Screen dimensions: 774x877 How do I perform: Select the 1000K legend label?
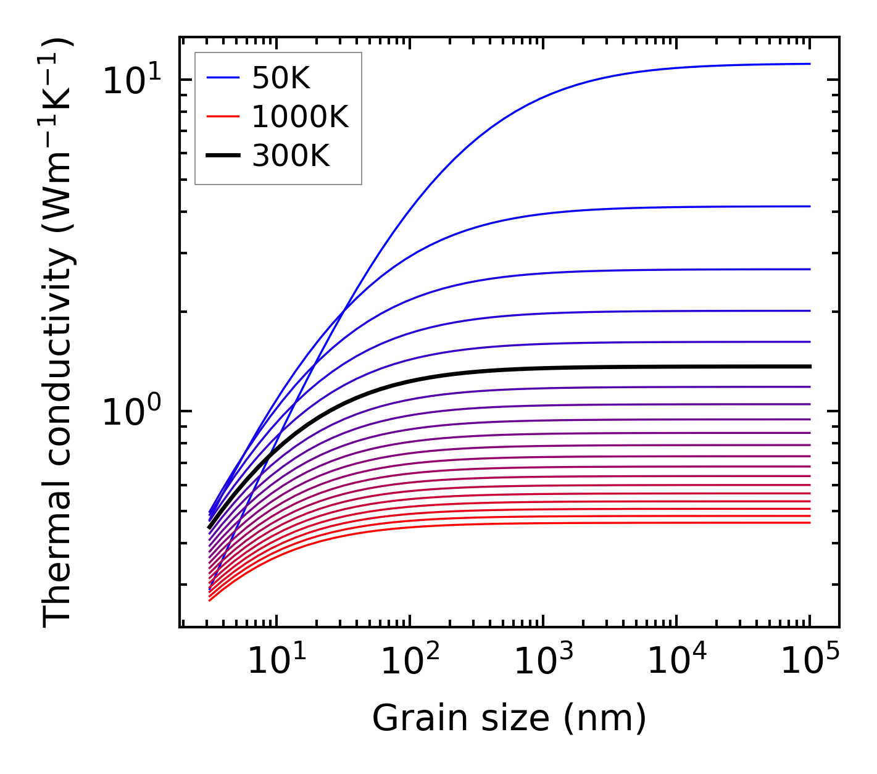(300, 117)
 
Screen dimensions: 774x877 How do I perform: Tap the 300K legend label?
(291, 156)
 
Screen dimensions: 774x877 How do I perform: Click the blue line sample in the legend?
(223, 78)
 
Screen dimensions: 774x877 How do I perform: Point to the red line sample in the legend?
(223, 117)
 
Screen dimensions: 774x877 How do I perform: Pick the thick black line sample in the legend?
(223, 156)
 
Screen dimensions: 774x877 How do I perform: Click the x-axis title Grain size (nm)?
(509, 718)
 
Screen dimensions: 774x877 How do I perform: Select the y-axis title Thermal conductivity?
(59, 333)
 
